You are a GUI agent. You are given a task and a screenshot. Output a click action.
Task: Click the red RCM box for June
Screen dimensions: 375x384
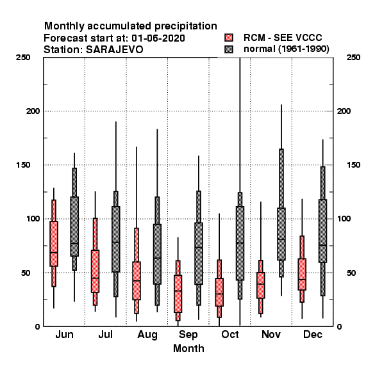[x=54, y=244]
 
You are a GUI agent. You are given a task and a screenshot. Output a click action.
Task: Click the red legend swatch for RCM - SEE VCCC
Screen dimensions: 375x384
[x=229, y=38]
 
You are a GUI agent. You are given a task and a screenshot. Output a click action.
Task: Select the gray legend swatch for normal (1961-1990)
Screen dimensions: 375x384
[x=229, y=49]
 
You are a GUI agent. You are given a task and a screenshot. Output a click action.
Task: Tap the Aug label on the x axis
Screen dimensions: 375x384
[x=147, y=335]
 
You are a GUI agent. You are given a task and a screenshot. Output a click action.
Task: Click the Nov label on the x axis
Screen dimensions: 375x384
[x=271, y=334]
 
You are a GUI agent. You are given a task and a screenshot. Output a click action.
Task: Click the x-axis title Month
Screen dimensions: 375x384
[x=188, y=349]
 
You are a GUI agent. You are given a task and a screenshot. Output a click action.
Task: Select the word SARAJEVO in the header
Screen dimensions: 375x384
[x=114, y=50]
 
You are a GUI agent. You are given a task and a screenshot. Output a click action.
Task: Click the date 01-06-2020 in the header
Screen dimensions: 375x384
[x=158, y=38]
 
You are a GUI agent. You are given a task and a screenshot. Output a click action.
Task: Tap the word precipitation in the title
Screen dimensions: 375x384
[x=186, y=26]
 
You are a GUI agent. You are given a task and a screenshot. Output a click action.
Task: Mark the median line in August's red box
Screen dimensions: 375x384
[x=137, y=281]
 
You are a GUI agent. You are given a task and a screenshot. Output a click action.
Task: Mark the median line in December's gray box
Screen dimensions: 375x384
[x=323, y=245]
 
